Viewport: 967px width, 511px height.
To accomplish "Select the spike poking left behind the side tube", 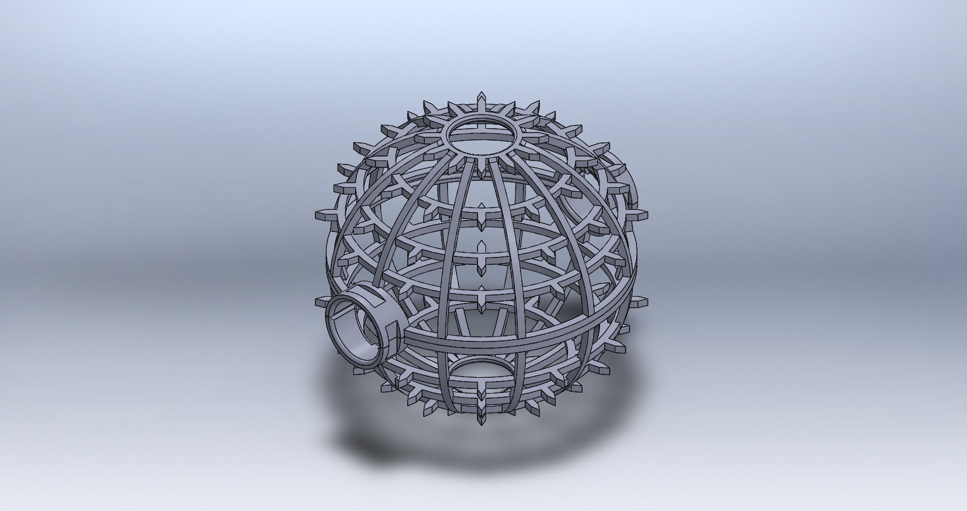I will pos(320,300).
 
